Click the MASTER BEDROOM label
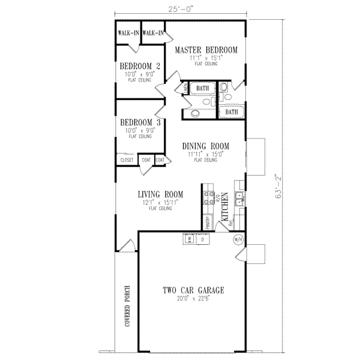click(x=206, y=50)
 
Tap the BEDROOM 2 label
click(x=139, y=66)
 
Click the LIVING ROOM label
click(x=160, y=194)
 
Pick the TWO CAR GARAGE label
click(x=193, y=290)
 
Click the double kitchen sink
click(x=238, y=199)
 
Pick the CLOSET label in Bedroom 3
click(x=127, y=160)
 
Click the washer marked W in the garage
click(x=190, y=239)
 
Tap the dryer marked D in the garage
click(x=202, y=239)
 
